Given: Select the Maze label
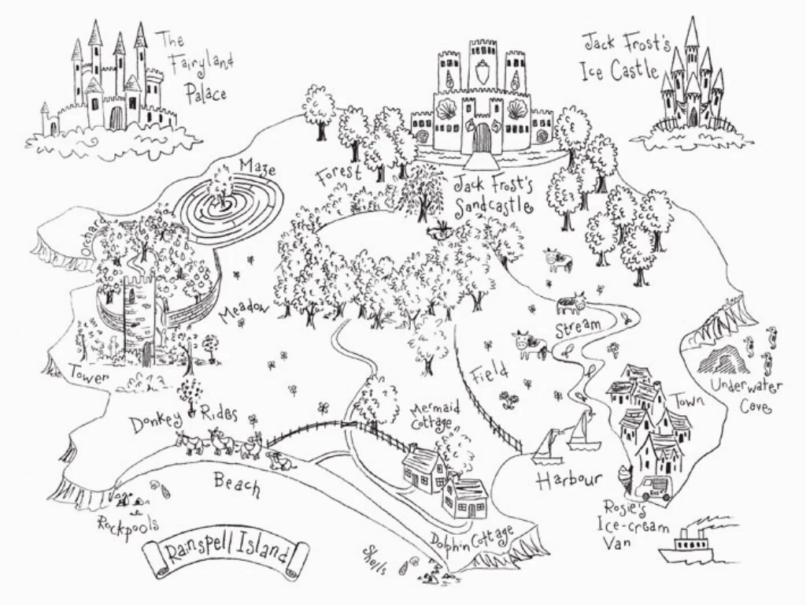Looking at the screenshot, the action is pyautogui.click(x=257, y=167).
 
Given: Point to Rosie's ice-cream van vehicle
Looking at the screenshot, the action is pyautogui.click(x=653, y=488).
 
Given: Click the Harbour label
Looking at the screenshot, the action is pyautogui.click(x=568, y=481).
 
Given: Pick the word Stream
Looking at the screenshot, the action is pyautogui.click(x=578, y=328).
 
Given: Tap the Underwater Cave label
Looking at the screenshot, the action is pyautogui.click(x=747, y=395).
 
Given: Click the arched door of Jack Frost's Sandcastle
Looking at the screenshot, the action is pyautogui.click(x=482, y=139).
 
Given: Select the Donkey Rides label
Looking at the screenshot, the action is pyautogui.click(x=183, y=418).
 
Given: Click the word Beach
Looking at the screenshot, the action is pyautogui.click(x=237, y=485).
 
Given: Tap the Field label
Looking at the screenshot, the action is pyautogui.click(x=490, y=373).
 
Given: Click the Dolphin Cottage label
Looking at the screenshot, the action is pyautogui.click(x=472, y=544).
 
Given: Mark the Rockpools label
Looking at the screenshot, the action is pyautogui.click(x=128, y=525).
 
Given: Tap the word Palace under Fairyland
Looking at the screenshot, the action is pyautogui.click(x=206, y=94).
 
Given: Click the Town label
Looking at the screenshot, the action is pyautogui.click(x=688, y=399).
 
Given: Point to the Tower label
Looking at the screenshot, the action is pyautogui.click(x=89, y=375).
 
